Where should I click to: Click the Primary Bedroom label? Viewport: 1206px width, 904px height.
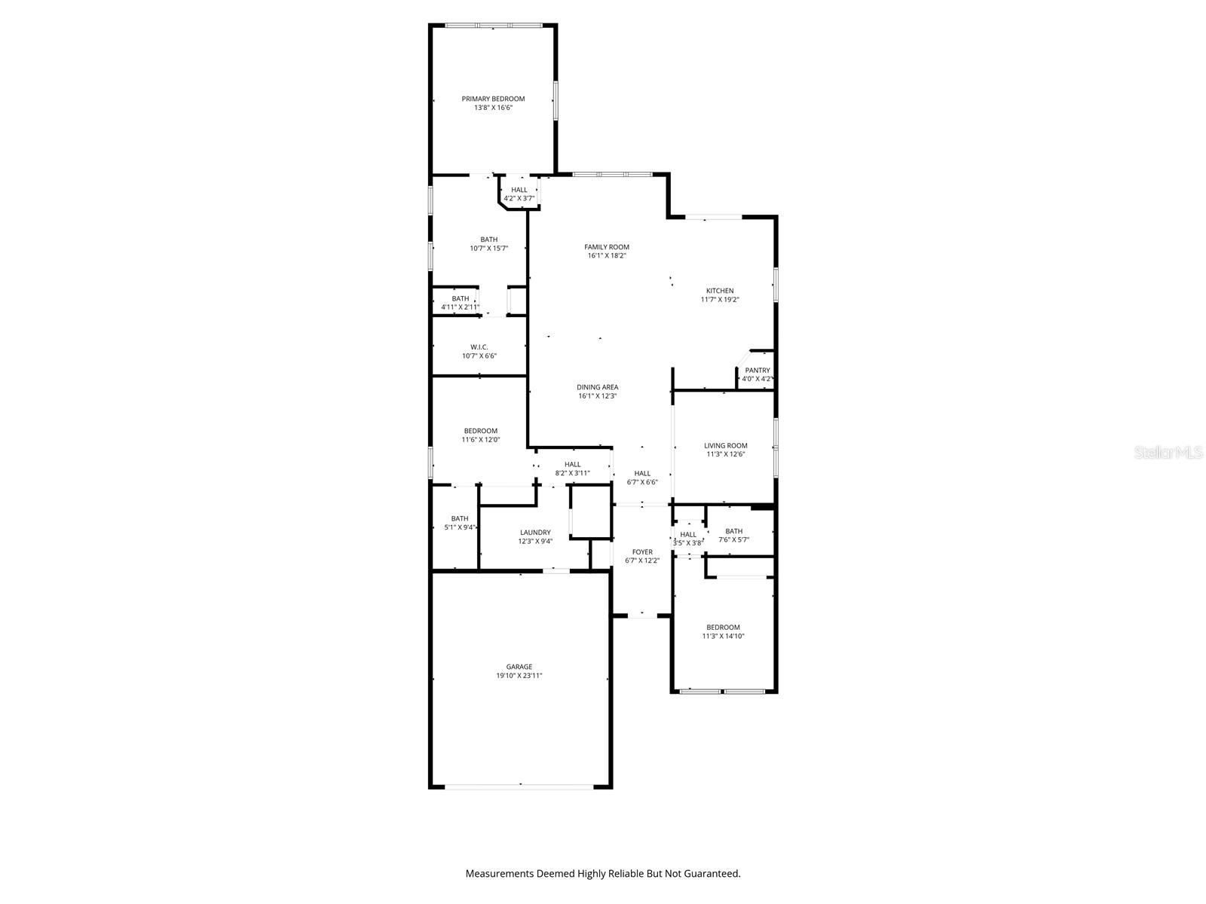[x=493, y=99]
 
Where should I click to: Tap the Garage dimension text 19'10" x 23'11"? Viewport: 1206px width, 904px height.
[x=519, y=676]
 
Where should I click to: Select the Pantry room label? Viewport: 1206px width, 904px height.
[x=757, y=370]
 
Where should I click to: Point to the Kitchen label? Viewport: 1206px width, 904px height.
[x=719, y=291]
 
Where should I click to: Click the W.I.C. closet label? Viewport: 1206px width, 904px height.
[x=479, y=347]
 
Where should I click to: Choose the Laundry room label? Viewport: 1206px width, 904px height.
[x=534, y=532]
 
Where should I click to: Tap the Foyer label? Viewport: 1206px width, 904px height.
[x=642, y=551]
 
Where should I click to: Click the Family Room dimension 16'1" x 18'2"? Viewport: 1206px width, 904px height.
[x=607, y=256]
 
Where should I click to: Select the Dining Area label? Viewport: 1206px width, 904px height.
[x=597, y=387]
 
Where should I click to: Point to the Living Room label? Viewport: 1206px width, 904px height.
[x=725, y=445]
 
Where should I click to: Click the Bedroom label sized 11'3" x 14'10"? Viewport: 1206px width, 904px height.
[x=722, y=627]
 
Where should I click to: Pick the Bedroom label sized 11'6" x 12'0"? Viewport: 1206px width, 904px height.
[x=480, y=431]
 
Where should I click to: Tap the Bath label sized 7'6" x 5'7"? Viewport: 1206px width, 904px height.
[x=733, y=531]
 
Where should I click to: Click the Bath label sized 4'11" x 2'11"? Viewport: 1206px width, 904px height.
[x=460, y=298]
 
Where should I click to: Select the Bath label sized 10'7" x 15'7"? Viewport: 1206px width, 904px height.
[x=488, y=240]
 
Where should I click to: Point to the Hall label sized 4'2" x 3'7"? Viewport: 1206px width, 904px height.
[x=519, y=190]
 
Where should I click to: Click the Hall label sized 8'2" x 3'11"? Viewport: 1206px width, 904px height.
[x=572, y=464]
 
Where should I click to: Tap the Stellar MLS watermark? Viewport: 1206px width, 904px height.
[x=1168, y=452]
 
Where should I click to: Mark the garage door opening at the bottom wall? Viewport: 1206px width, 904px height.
[x=519, y=786]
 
